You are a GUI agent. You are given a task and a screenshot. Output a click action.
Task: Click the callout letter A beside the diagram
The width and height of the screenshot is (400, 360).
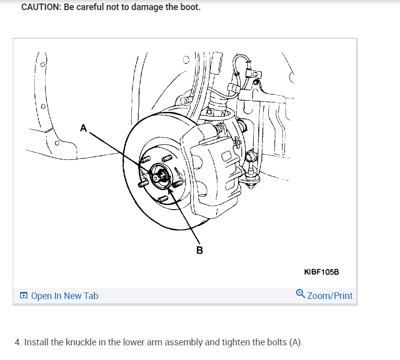pos(83,128)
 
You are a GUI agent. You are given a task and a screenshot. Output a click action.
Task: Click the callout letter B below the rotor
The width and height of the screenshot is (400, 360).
pos(199,250)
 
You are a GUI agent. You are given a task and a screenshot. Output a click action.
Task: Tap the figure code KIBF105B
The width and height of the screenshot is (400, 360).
pos(322,272)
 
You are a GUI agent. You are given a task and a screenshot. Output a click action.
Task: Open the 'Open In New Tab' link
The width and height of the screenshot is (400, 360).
pos(65,296)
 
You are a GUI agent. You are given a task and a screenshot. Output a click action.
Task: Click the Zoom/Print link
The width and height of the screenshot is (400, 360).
pos(330,296)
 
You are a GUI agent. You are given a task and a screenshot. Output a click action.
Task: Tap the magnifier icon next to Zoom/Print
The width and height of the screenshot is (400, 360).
pos(300,293)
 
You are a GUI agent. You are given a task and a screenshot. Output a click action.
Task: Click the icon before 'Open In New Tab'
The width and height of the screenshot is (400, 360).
pos(24,296)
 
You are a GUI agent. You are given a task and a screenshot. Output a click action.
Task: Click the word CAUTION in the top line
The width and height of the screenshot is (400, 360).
pos(41,8)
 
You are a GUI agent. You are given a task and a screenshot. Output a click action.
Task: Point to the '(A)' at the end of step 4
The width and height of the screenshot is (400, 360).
pos(296,342)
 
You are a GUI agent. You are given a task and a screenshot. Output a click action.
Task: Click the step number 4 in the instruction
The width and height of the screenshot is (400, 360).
pos(18,342)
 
